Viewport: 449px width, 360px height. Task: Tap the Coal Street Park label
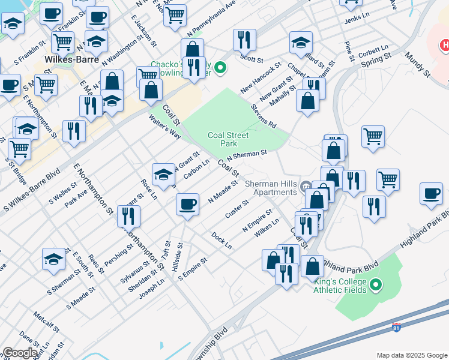(229, 139)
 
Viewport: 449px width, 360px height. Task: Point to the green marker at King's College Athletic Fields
(376, 285)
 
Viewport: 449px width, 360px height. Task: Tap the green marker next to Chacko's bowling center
(220, 67)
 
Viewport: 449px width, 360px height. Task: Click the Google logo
(20, 353)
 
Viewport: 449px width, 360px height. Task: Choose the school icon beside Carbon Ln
(163, 174)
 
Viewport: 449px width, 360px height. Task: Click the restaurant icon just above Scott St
(244, 40)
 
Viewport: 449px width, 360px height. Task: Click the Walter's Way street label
(165, 127)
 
